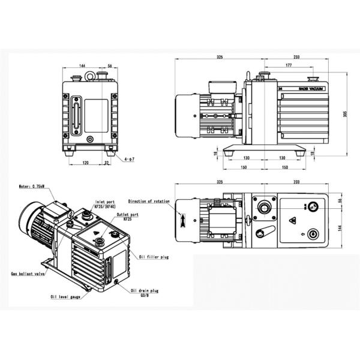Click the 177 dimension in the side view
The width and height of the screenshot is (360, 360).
[289, 65]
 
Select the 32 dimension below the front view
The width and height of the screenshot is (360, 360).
[107, 162]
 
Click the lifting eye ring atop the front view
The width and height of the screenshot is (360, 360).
[90, 76]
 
